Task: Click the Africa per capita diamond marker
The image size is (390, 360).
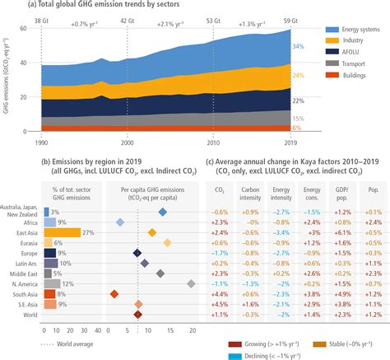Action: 120,199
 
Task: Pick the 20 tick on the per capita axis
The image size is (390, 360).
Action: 192,329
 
